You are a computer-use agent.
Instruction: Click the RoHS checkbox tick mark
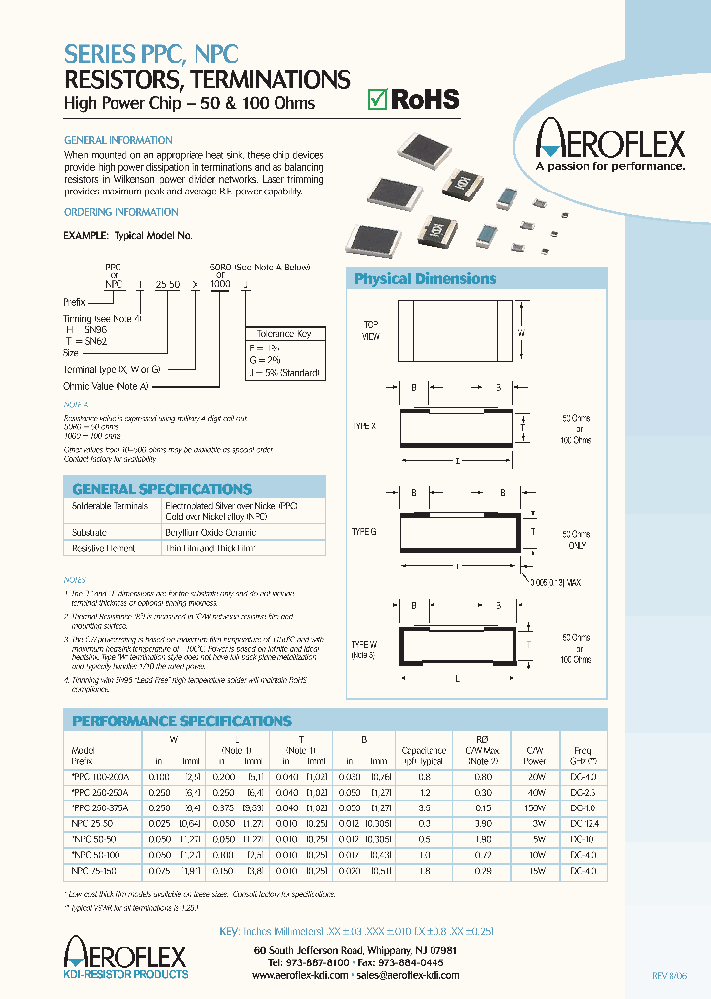click(375, 99)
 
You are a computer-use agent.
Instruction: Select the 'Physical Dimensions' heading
click(425, 279)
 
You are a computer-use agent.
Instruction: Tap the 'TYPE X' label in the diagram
click(364, 426)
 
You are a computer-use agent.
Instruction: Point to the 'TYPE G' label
click(364, 531)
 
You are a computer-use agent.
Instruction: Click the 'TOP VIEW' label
click(371, 329)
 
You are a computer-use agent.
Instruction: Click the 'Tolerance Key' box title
click(282, 334)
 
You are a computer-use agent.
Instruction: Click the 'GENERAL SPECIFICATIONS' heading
click(148, 489)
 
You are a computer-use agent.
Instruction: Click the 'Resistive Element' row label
click(103, 547)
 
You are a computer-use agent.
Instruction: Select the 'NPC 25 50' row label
click(90, 822)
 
